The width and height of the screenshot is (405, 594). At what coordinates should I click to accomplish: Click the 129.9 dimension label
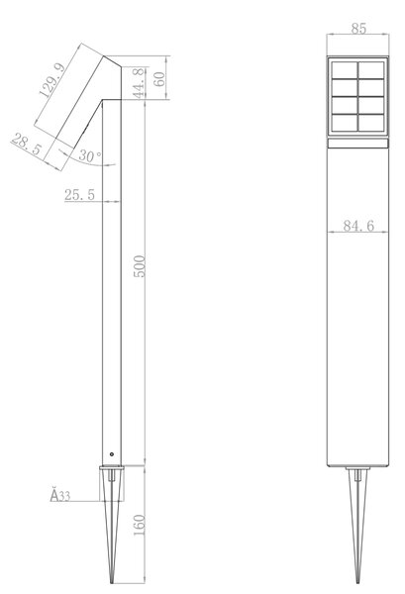click(52, 80)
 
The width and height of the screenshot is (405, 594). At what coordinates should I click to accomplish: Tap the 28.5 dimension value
click(26, 144)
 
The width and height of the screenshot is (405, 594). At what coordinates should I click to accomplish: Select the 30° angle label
click(90, 155)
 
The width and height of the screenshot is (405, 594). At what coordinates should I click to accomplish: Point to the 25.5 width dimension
click(79, 195)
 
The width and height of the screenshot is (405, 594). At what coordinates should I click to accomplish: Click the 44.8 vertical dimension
click(139, 83)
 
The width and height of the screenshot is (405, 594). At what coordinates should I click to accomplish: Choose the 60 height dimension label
click(160, 79)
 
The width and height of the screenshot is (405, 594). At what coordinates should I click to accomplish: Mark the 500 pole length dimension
click(140, 266)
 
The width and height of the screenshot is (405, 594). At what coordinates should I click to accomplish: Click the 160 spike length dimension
click(140, 525)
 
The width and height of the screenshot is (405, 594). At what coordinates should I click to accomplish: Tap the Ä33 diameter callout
click(60, 496)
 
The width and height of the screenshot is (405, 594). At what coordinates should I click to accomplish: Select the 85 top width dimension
click(358, 29)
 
